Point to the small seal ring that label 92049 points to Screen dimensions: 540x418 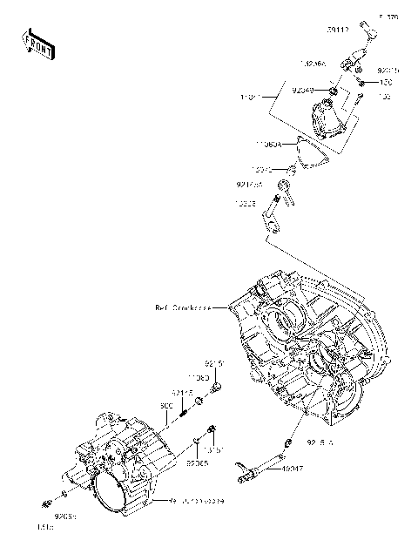pyautogui.click(x=333, y=89)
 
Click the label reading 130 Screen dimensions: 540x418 pyautogui.click(x=385, y=84)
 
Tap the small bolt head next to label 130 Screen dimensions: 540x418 pyautogui.click(x=360, y=84)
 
